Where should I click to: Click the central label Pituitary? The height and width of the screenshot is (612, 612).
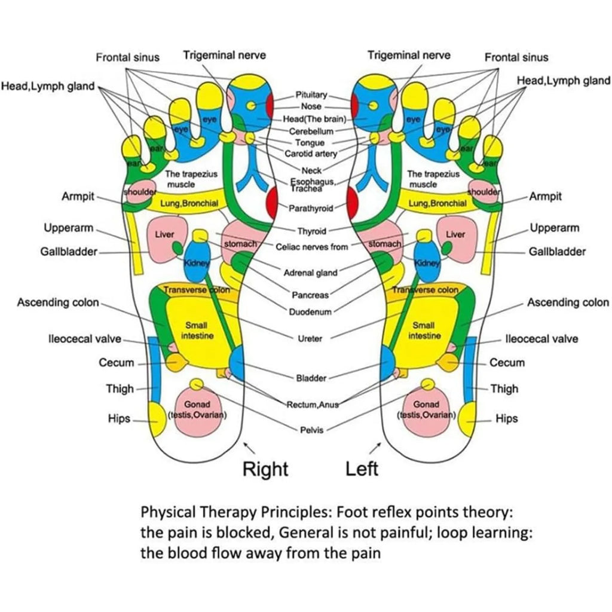pyautogui.click(x=311, y=94)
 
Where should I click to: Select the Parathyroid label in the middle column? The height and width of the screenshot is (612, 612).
pyautogui.click(x=311, y=209)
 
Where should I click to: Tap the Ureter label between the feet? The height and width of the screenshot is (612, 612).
pyautogui.click(x=310, y=338)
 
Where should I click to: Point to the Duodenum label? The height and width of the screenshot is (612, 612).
pyautogui.click(x=310, y=312)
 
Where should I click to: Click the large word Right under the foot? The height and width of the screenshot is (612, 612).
pyautogui.click(x=265, y=469)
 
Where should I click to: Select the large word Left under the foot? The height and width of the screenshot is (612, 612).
pyautogui.click(x=362, y=469)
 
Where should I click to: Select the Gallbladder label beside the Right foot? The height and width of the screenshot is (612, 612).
pyautogui.click(x=69, y=252)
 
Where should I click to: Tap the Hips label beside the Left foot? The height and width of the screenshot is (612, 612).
pyautogui.click(x=507, y=418)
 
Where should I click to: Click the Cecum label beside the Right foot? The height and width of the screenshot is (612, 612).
pyautogui.click(x=117, y=363)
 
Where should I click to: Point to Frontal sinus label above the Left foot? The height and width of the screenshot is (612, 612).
pyautogui.click(x=516, y=57)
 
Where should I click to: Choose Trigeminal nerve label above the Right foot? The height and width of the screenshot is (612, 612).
pyautogui.click(x=224, y=56)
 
